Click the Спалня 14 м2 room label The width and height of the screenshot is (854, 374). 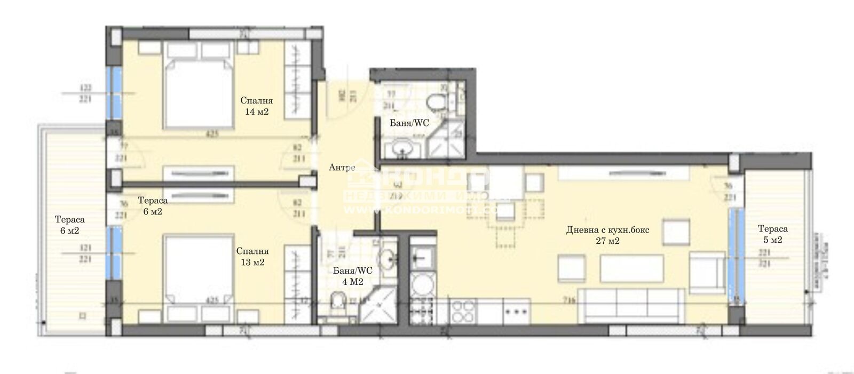[257, 106]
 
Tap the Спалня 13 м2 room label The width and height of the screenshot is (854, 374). [252, 257]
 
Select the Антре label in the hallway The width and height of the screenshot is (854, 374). [342, 168]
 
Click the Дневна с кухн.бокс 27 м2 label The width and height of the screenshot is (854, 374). [607, 235]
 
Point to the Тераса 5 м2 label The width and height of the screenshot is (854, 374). [772, 234]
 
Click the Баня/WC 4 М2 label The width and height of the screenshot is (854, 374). [352, 276]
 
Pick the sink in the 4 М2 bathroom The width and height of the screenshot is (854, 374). [388, 260]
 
